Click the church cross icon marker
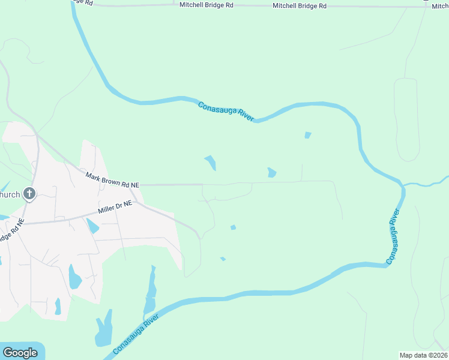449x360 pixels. [x=29, y=194]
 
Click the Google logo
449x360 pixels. [x=20, y=353]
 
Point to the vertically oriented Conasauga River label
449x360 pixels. [x=393, y=237]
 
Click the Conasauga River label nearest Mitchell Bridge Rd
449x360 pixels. [x=226, y=112]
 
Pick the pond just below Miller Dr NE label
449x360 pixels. [x=93, y=226]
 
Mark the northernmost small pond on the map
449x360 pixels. [x=308, y=135]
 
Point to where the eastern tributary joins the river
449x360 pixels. [x=402, y=185]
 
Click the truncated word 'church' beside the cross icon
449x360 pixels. [x=10, y=194]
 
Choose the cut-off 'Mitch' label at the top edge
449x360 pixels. [x=440, y=5]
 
